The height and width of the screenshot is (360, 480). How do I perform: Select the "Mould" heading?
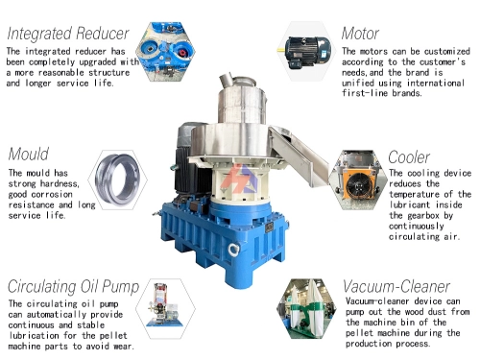29,154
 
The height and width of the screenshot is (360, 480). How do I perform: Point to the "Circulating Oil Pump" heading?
73,286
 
